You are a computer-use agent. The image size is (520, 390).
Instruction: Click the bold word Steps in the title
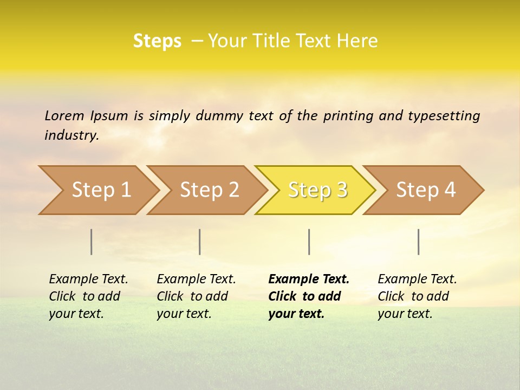[157, 41]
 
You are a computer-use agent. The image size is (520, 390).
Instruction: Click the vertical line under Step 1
[92, 242]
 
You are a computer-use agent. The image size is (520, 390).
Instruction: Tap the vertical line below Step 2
[200, 242]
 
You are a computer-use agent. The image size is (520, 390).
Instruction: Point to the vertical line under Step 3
[309, 242]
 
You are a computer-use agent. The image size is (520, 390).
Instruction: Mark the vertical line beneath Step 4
[419, 242]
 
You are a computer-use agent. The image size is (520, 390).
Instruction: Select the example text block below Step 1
[88, 296]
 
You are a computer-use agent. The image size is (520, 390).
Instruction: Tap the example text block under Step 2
[196, 296]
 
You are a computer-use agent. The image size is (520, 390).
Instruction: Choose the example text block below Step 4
[417, 296]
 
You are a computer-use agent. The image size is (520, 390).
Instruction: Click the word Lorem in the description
[64, 115]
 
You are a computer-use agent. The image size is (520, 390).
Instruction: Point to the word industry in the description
[71, 135]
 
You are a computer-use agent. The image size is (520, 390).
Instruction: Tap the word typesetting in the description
[444, 115]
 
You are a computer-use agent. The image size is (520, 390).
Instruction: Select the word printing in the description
[348, 115]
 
